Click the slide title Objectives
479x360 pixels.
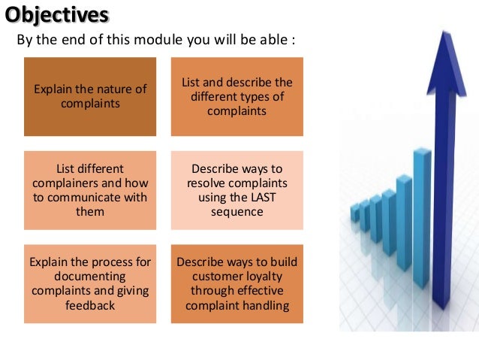(x=57, y=14)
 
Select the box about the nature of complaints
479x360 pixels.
(x=90, y=96)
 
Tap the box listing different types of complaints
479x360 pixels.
(x=237, y=96)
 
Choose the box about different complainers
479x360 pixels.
(x=90, y=190)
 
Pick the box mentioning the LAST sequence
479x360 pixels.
(x=237, y=190)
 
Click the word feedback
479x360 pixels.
(x=90, y=306)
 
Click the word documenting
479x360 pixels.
(x=90, y=277)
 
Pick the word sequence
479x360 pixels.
(x=237, y=212)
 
